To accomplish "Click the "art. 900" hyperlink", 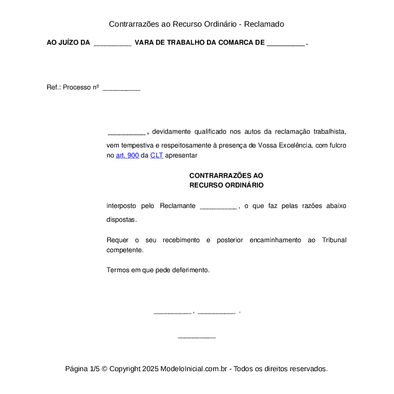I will (127, 155).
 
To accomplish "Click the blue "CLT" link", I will (157, 155).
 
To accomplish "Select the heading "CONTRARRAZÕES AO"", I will (226, 176).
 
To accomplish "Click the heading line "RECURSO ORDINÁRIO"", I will (226, 185).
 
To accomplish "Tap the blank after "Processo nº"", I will (121, 88).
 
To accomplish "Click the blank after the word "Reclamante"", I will (218, 207).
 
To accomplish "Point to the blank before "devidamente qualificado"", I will (126, 132).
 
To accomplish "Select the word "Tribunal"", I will (334, 240).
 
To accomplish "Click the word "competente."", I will (125, 250).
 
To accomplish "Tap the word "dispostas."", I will (122, 220).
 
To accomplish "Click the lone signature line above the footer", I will (197, 337).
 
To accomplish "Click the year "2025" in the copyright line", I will (150, 369).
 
